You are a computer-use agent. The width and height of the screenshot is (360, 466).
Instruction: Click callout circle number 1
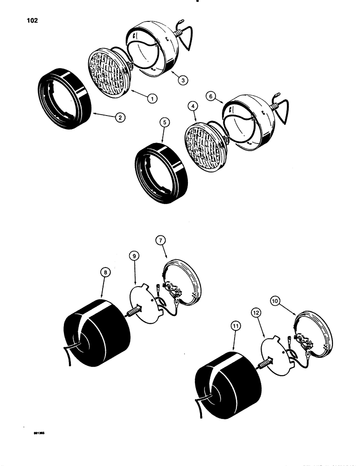(151, 98)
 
